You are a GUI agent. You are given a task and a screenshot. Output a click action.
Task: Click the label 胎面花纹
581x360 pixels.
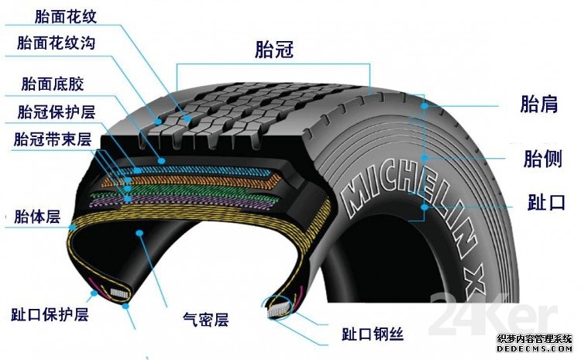coord(66,17)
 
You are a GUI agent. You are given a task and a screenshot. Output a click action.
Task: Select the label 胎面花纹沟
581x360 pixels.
coord(56,43)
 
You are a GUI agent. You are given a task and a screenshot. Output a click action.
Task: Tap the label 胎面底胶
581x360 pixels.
coord(53,84)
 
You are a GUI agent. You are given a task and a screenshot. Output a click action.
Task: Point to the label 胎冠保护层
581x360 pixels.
coord(57,111)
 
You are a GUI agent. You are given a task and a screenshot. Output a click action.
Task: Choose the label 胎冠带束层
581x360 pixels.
coord(53,139)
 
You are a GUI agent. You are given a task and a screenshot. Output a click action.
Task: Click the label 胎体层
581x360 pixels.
coord(37,217)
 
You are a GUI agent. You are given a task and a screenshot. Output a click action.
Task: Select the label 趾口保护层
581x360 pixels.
coord(50,314)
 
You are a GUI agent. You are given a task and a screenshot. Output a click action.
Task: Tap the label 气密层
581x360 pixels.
coord(205,319)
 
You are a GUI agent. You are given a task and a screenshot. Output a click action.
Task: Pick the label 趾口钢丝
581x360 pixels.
coord(373,334)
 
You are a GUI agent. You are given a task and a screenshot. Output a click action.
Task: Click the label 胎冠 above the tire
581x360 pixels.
coord(274,50)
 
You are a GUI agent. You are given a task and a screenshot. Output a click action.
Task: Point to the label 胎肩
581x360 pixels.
coord(539,104)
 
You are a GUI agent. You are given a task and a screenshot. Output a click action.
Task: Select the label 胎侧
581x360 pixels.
coord(543,159)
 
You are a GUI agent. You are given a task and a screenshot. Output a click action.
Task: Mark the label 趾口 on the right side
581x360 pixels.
coord(546,202)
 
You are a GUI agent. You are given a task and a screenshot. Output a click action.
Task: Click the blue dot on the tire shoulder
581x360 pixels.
coord(425,105)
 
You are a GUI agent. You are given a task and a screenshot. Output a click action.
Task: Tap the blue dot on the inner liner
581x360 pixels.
coord(139,232)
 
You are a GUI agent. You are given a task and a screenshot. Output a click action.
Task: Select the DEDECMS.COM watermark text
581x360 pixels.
coord(535,349)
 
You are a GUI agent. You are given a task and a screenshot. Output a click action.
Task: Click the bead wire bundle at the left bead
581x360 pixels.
coord(119,293)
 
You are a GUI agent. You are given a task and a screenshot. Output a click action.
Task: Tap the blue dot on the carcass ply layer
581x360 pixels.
coord(73,227)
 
